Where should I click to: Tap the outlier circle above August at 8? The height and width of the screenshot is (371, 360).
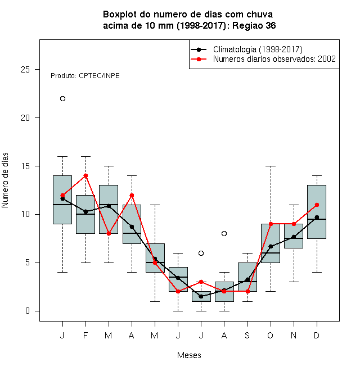pyautogui.click(x=224, y=233)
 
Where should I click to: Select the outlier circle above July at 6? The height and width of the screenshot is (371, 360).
pyautogui.click(x=201, y=253)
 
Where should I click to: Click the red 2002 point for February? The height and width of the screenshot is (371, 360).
pyautogui.click(x=85, y=175)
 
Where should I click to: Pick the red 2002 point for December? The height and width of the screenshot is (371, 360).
pyautogui.click(x=317, y=205)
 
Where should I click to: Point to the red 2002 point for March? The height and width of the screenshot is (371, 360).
pyautogui.click(x=109, y=233)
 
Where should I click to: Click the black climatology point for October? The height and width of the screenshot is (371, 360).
pyautogui.click(x=271, y=247)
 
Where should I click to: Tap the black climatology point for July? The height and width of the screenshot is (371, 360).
pyautogui.click(x=201, y=296)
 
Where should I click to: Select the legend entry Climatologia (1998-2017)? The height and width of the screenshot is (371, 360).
pyautogui.click(x=258, y=49)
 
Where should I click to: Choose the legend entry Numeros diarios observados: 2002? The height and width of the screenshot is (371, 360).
pyautogui.click(x=274, y=59)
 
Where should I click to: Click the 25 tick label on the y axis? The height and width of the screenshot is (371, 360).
pyautogui.click(x=25, y=70)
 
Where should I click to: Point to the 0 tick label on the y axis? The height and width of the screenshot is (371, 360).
pyautogui.click(x=28, y=311)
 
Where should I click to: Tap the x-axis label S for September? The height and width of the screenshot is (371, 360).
pyautogui.click(x=247, y=335)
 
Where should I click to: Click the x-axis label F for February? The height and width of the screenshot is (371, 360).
pyautogui.click(x=85, y=335)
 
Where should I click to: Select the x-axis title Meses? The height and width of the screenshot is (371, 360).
pyautogui.click(x=189, y=355)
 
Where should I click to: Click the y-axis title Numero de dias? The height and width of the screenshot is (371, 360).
pyautogui.click(x=5, y=180)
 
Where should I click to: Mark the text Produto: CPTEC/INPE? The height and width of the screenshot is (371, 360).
pyautogui.click(x=85, y=76)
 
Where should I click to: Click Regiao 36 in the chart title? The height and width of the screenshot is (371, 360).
pyautogui.click(x=254, y=25)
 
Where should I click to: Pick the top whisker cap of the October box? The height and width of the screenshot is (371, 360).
pyautogui.click(x=271, y=166)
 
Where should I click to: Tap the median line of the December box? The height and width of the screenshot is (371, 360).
pyautogui.click(x=317, y=219)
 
